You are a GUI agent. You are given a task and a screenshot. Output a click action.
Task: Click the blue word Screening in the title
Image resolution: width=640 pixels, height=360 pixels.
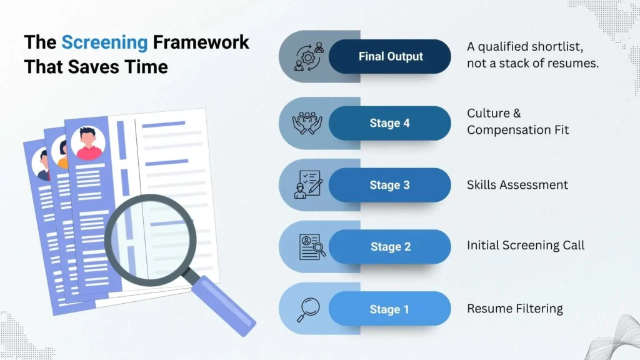coord(104,42)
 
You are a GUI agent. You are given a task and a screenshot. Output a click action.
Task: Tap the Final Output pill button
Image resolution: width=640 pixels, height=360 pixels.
coord(390,56)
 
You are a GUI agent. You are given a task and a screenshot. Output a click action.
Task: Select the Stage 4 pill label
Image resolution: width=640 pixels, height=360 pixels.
coord(390,123)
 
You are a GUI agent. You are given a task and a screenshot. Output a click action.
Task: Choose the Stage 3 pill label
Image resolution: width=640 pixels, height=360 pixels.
coord(390,185)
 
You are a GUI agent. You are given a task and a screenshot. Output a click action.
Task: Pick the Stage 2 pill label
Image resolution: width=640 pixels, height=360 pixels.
coord(390,247)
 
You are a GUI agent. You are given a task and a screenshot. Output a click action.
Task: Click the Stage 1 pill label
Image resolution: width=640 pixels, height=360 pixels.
coord(390,309)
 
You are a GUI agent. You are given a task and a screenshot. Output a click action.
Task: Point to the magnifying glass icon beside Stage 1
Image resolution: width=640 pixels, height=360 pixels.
coord(307,309)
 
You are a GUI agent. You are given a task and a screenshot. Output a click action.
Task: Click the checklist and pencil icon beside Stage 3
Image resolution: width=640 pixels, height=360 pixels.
coord(308,185)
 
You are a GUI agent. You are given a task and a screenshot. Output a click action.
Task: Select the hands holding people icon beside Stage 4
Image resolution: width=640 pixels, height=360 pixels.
coord(307,123)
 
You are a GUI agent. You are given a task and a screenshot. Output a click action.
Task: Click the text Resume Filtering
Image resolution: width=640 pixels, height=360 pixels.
coord(514,309)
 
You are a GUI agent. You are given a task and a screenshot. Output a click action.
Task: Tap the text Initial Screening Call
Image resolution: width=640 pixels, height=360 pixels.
coord(526,246)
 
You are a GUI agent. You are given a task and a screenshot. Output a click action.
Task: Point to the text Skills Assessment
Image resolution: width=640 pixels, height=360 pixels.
coord(517,185)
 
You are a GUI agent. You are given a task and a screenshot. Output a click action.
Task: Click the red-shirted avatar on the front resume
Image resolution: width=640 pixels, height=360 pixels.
coord(88,144)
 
